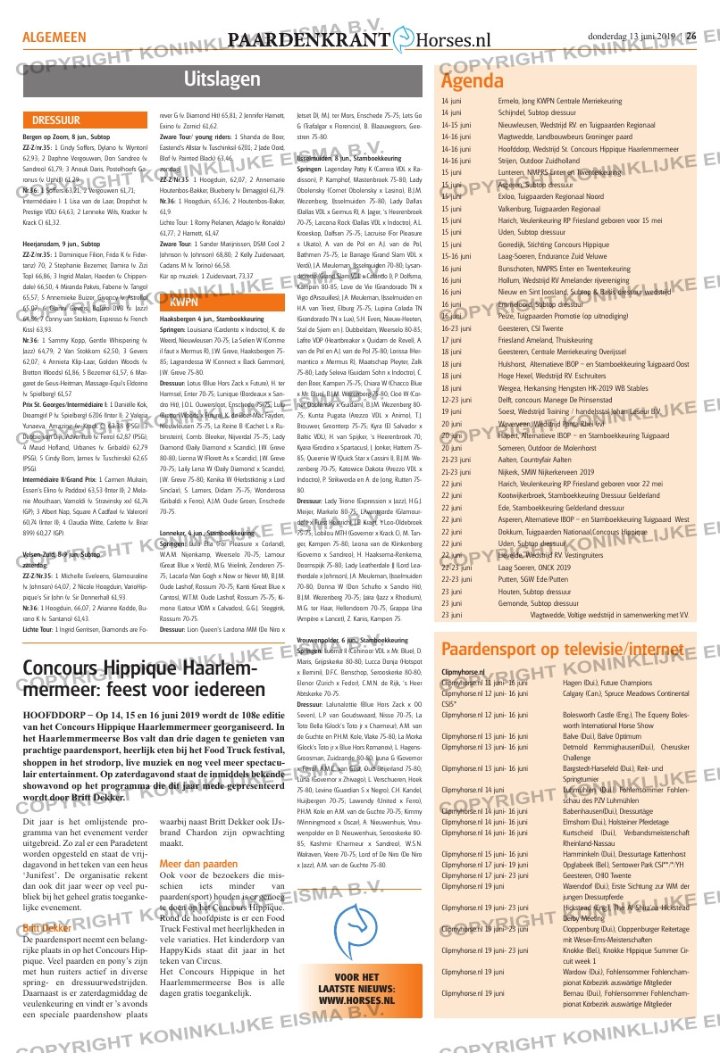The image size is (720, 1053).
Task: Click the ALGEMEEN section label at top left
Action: pyautogui.click(x=54, y=37)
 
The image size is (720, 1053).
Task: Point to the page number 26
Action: pyautogui.click(x=691, y=37)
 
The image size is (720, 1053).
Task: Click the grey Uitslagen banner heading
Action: pyautogui.click(x=215, y=79)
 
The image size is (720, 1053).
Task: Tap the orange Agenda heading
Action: pyautogui.click(x=473, y=81)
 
